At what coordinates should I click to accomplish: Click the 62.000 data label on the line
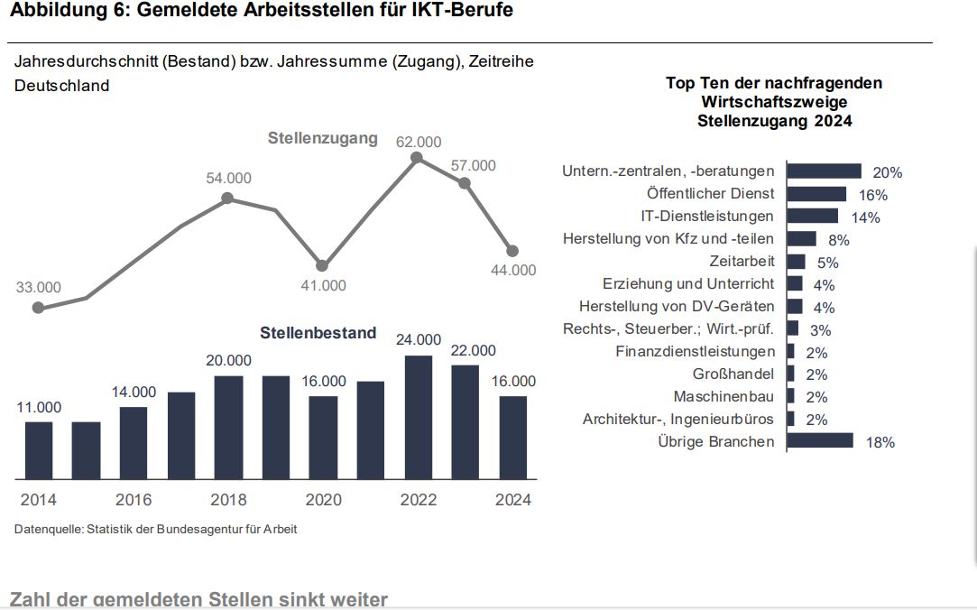pyautogui.click(x=419, y=142)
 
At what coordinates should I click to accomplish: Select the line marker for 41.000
pyautogui.click(x=322, y=265)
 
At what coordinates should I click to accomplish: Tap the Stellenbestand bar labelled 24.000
pyautogui.click(x=418, y=417)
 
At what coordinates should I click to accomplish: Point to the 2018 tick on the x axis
pyautogui.click(x=228, y=500)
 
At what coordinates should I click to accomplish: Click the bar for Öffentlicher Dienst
pyautogui.click(x=816, y=194)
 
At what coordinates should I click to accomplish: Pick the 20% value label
pyautogui.click(x=888, y=172)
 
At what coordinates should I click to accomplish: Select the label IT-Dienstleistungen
pyautogui.click(x=707, y=217)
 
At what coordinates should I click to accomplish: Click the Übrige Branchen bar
pyautogui.click(x=820, y=440)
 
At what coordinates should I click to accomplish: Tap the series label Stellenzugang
pyautogui.click(x=322, y=138)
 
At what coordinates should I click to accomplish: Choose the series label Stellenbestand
pyautogui.click(x=318, y=333)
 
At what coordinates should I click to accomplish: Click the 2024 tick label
pyautogui.click(x=513, y=500)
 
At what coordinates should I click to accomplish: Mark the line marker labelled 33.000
pyautogui.click(x=38, y=308)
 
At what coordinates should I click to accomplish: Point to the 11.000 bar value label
pyautogui.click(x=39, y=408)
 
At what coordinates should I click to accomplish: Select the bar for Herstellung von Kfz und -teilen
pyautogui.click(x=801, y=239)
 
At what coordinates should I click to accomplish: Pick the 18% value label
pyautogui.click(x=880, y=442)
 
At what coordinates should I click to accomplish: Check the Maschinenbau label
pyautogui.click(x=724, y=397)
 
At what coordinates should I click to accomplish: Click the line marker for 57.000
pyautogui.click(x=465, y=183)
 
